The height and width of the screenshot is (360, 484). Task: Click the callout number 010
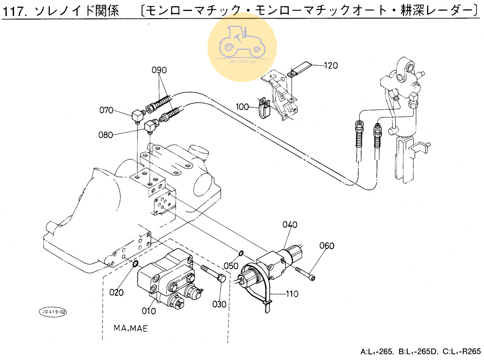(x=149, y=311)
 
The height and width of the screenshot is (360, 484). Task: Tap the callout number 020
(x=116, y=292)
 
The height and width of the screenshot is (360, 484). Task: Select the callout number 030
(x=219, y=304)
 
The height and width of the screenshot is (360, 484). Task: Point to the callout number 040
(x=290, y=224)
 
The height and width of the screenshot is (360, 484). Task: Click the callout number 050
(x=231, y=266)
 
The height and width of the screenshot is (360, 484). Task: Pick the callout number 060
(x=327, y=246)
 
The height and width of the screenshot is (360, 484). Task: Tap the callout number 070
(x=106, y=110)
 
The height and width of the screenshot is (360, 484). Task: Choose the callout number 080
(x=106, y=135)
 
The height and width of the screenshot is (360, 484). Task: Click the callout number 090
(x=159, y=70)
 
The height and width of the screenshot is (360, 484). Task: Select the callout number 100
(x=242, y=107)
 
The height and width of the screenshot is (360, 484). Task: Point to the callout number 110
(x=292, y=294)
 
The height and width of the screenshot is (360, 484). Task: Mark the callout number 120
(x=331, y=65)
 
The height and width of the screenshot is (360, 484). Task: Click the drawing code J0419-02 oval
(x=53, y=312)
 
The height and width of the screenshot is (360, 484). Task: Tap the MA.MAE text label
(x=131, y=328)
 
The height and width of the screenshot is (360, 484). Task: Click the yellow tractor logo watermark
(x=242, y=47)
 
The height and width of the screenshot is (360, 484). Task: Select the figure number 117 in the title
(x=14, y=11)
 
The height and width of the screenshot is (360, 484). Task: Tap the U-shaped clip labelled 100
(x=264, y=108)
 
